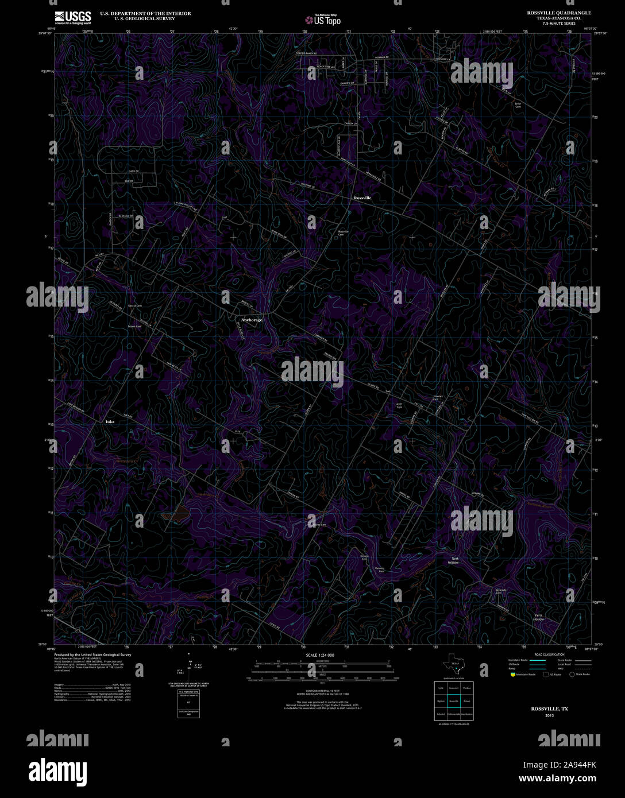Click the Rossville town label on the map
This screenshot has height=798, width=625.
coord(362,197)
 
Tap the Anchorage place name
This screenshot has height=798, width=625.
coord(252,320)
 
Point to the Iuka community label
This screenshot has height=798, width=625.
coord(110,422)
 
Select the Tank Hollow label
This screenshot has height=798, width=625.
coord(454,560)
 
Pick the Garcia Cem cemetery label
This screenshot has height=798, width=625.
coord(134,306)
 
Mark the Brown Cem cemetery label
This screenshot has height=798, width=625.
coord(134,326)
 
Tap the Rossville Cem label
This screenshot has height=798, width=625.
coord(343,233)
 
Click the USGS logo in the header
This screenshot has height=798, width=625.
coord(72,18)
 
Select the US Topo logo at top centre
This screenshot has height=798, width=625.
coord(322,19)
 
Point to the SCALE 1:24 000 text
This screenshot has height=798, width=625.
coord(320,655)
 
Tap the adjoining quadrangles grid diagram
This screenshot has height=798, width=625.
coord(453,701)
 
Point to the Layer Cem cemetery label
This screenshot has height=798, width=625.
coord(399,405)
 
